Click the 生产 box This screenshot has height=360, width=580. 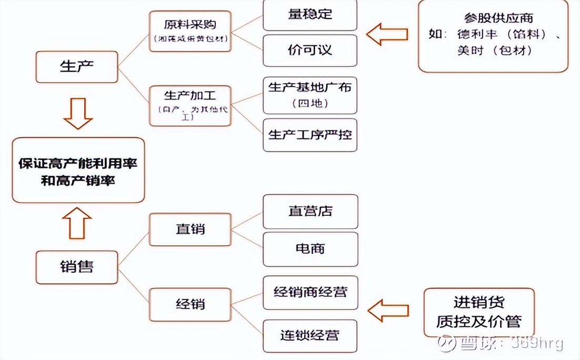click(x=77, y=67)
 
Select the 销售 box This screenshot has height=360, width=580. click(x=77, y=267)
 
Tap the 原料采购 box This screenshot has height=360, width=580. click(x=190, y=31)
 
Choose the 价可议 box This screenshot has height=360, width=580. click(x=310, y=51)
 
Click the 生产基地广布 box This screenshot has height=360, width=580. click(x=310, y=95)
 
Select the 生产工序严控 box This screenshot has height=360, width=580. click(x=310, y=134)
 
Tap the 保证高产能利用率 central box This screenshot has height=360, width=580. click(x=78, y=170)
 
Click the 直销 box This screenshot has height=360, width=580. click(x=190, y=229)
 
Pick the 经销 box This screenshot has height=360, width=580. click(x=190, y=304)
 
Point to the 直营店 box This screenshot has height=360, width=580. click(x=310, y=212)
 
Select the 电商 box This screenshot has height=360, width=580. click(x=310, y=248)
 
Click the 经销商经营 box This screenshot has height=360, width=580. click(x=310, y=292)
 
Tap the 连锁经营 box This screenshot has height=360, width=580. click(x=310, y=335)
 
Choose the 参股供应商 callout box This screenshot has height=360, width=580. click(x=493, y=36)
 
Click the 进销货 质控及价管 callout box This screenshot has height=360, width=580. click(x=478, y=312)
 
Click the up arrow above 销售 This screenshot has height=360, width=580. click(x=77, y=223)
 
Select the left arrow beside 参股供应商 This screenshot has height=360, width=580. click(x=387, y=34)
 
